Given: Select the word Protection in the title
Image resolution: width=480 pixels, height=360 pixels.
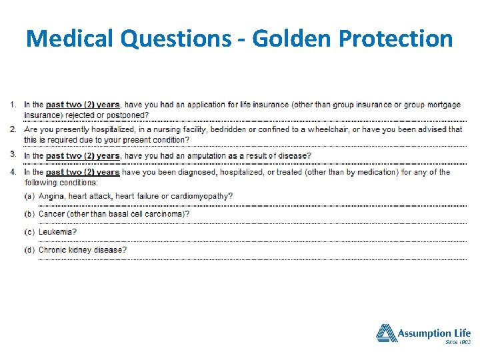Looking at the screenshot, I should [396, 38].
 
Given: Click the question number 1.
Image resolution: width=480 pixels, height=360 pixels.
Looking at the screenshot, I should [14, 105].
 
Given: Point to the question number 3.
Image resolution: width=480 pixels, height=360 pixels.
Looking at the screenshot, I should [14, 154].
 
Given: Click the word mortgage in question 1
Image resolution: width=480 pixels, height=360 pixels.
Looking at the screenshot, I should [444, 105].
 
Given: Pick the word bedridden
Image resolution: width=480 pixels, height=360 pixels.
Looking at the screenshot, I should [231, 129].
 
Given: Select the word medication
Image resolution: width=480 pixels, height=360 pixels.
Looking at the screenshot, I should [377, 172].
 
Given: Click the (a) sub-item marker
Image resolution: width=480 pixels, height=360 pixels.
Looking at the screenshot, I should [30, 196].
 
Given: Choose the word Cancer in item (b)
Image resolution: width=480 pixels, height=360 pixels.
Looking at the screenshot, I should [52, 214].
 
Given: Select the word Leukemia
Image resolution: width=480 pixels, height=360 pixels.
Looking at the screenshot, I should [57, 232].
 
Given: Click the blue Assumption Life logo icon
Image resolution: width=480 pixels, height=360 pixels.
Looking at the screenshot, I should [386, 333].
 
